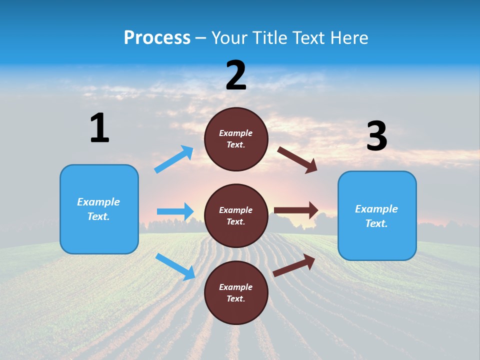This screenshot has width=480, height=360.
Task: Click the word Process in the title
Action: tap(157, 38)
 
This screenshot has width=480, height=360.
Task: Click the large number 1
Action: tap(99, 128)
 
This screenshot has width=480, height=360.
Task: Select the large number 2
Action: tap(236, 75)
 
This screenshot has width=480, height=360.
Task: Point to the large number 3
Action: tap(377, 136)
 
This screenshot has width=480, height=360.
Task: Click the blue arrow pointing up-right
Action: tap(174, 159)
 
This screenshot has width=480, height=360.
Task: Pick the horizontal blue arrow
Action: tap(175, 211)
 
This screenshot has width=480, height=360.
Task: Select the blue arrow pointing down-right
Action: tap(175, 266)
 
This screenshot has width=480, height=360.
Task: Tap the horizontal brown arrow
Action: tap(296, 210)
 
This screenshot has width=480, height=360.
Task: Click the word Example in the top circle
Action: tap(236, 133)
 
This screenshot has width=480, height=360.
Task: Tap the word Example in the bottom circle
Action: tap(236, 287)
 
